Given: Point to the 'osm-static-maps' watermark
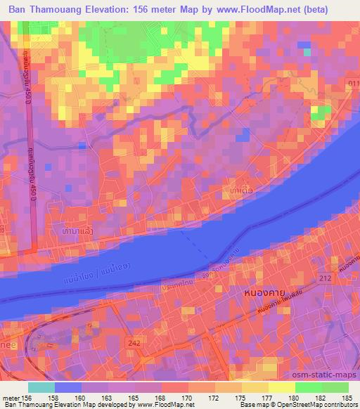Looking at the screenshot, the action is [x=324, y=374].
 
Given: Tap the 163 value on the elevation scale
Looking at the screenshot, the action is [x=109, y=397].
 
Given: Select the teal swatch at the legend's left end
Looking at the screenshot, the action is [x=41, y=387].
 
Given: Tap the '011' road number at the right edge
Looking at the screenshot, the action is [x=352, y=84].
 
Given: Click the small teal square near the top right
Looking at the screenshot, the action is [x=307, y=51].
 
